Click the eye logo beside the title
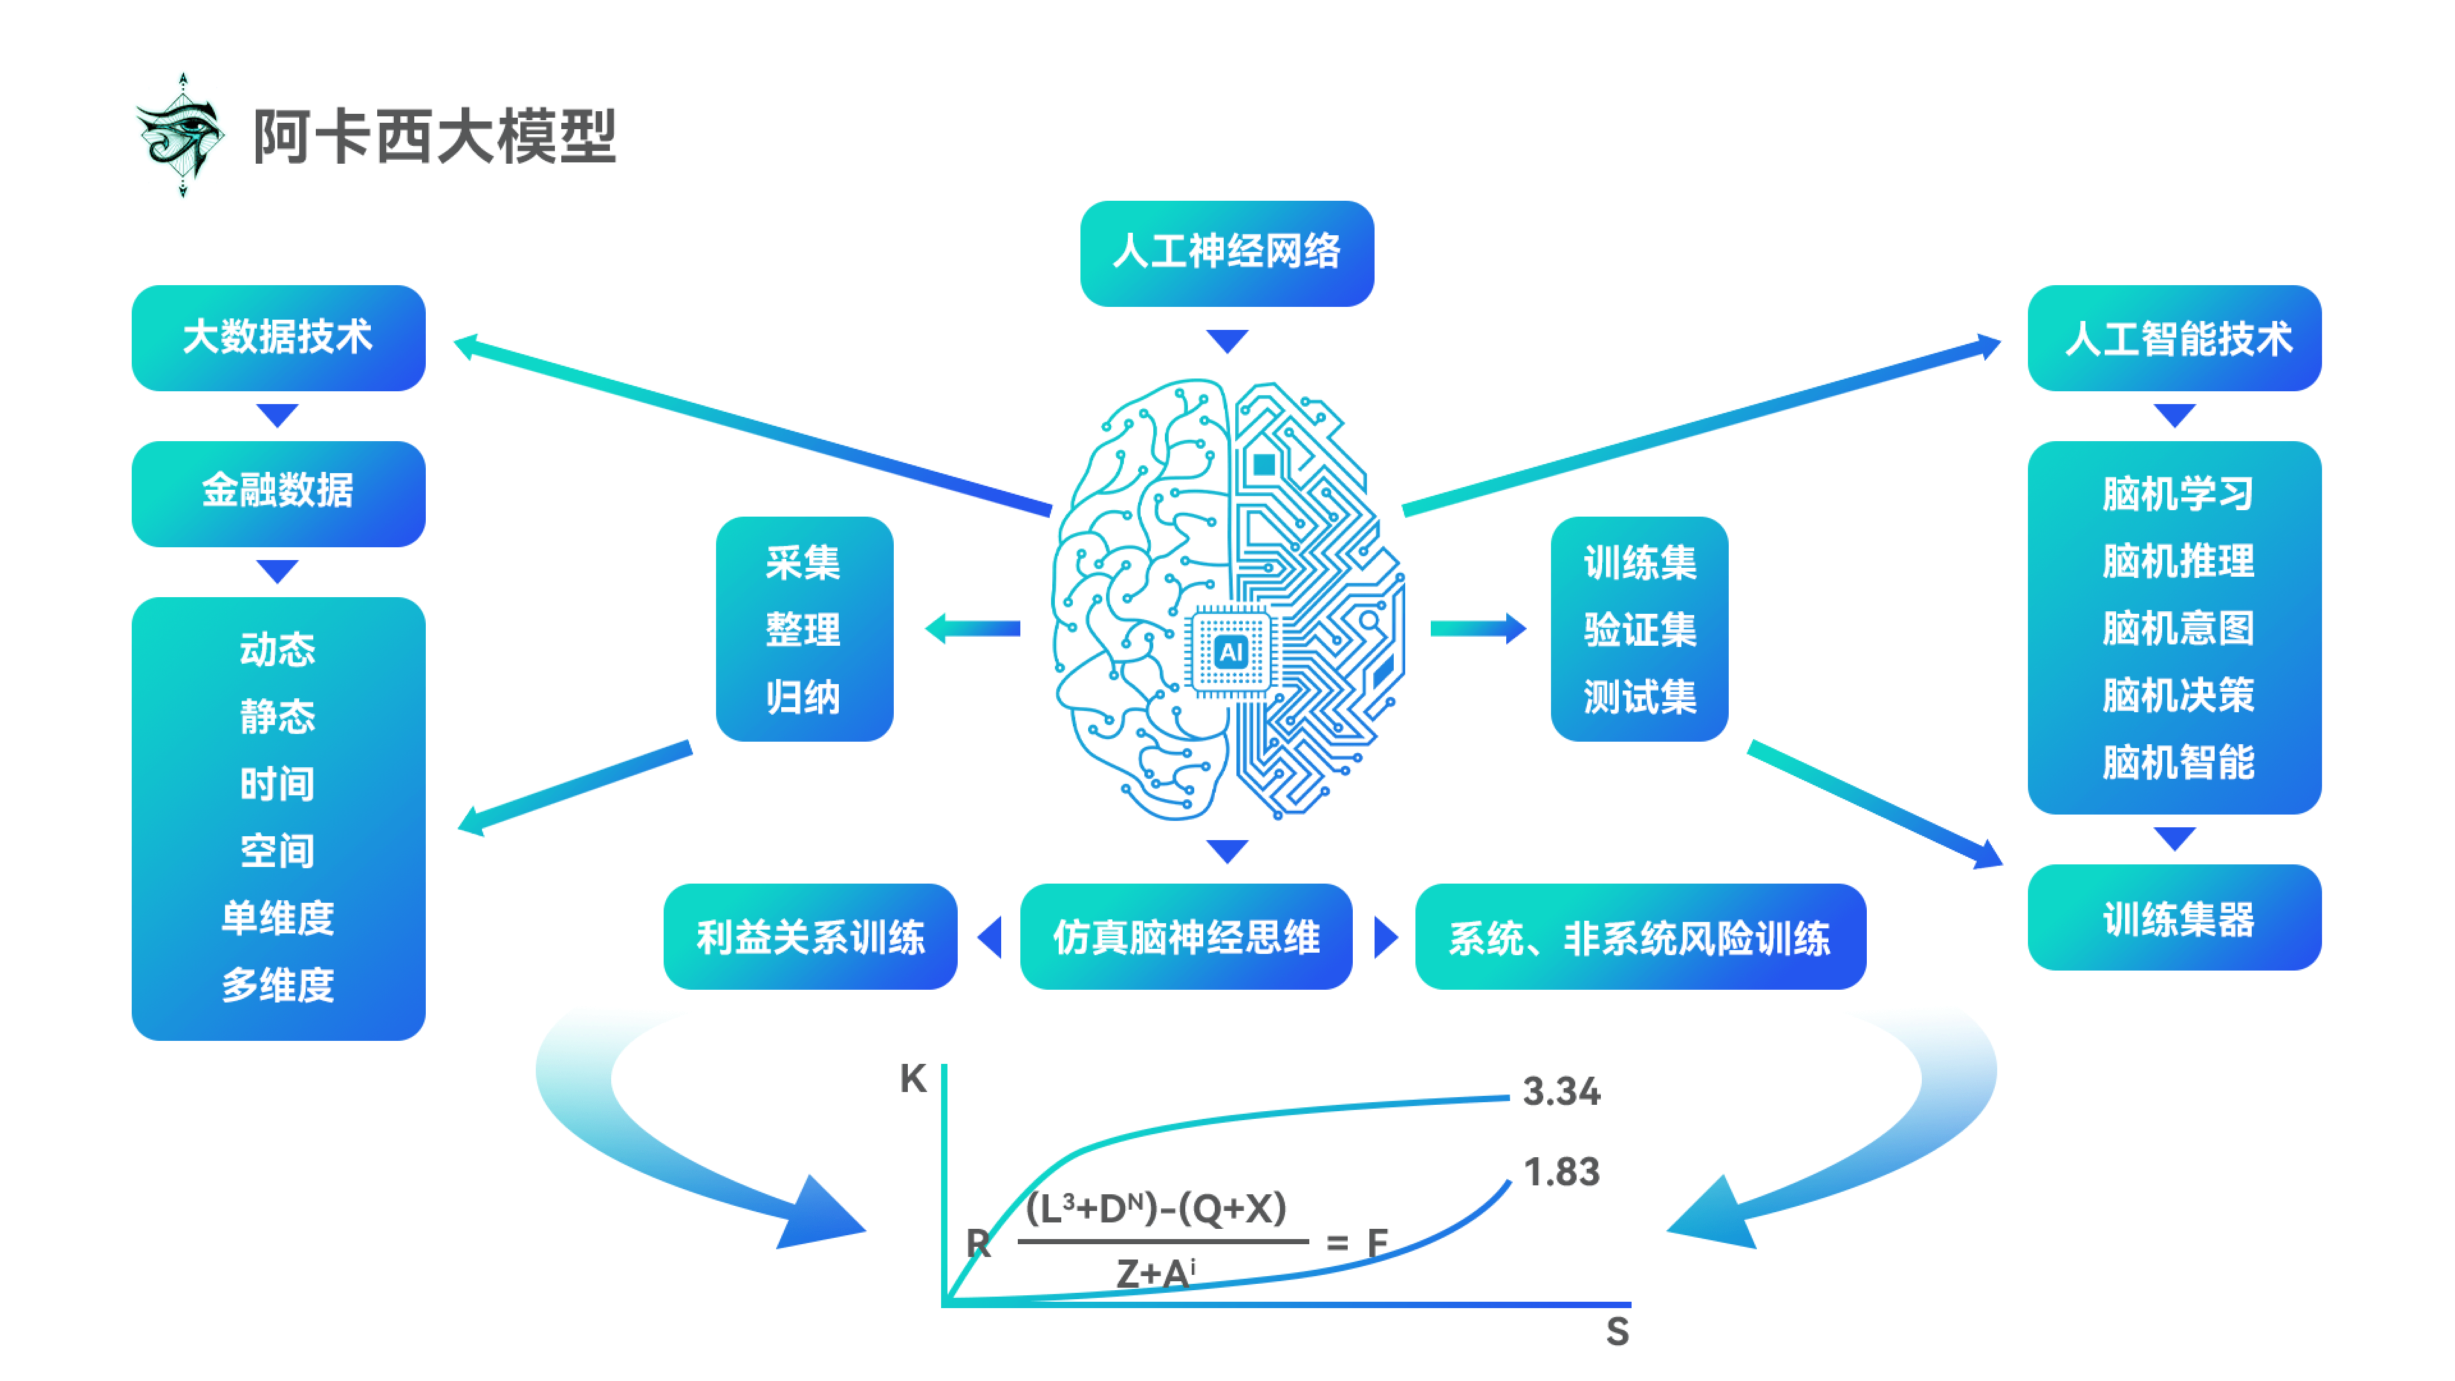181,136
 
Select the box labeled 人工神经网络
1227,253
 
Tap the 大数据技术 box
278,338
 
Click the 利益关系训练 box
810,936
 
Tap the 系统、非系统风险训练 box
1639,936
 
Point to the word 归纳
804,697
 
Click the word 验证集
1639,629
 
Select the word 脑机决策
2178,695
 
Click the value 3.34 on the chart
1561,1091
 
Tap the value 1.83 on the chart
1561,1171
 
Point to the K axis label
913,1078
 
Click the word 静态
278,716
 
